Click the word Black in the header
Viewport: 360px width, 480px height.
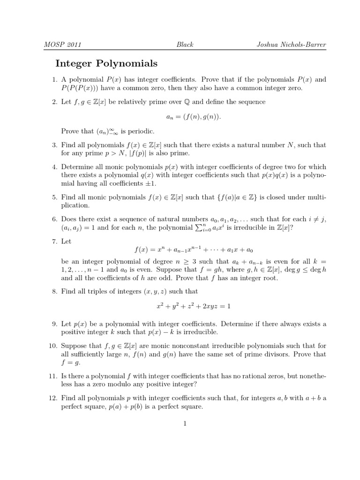click(185, 45)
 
